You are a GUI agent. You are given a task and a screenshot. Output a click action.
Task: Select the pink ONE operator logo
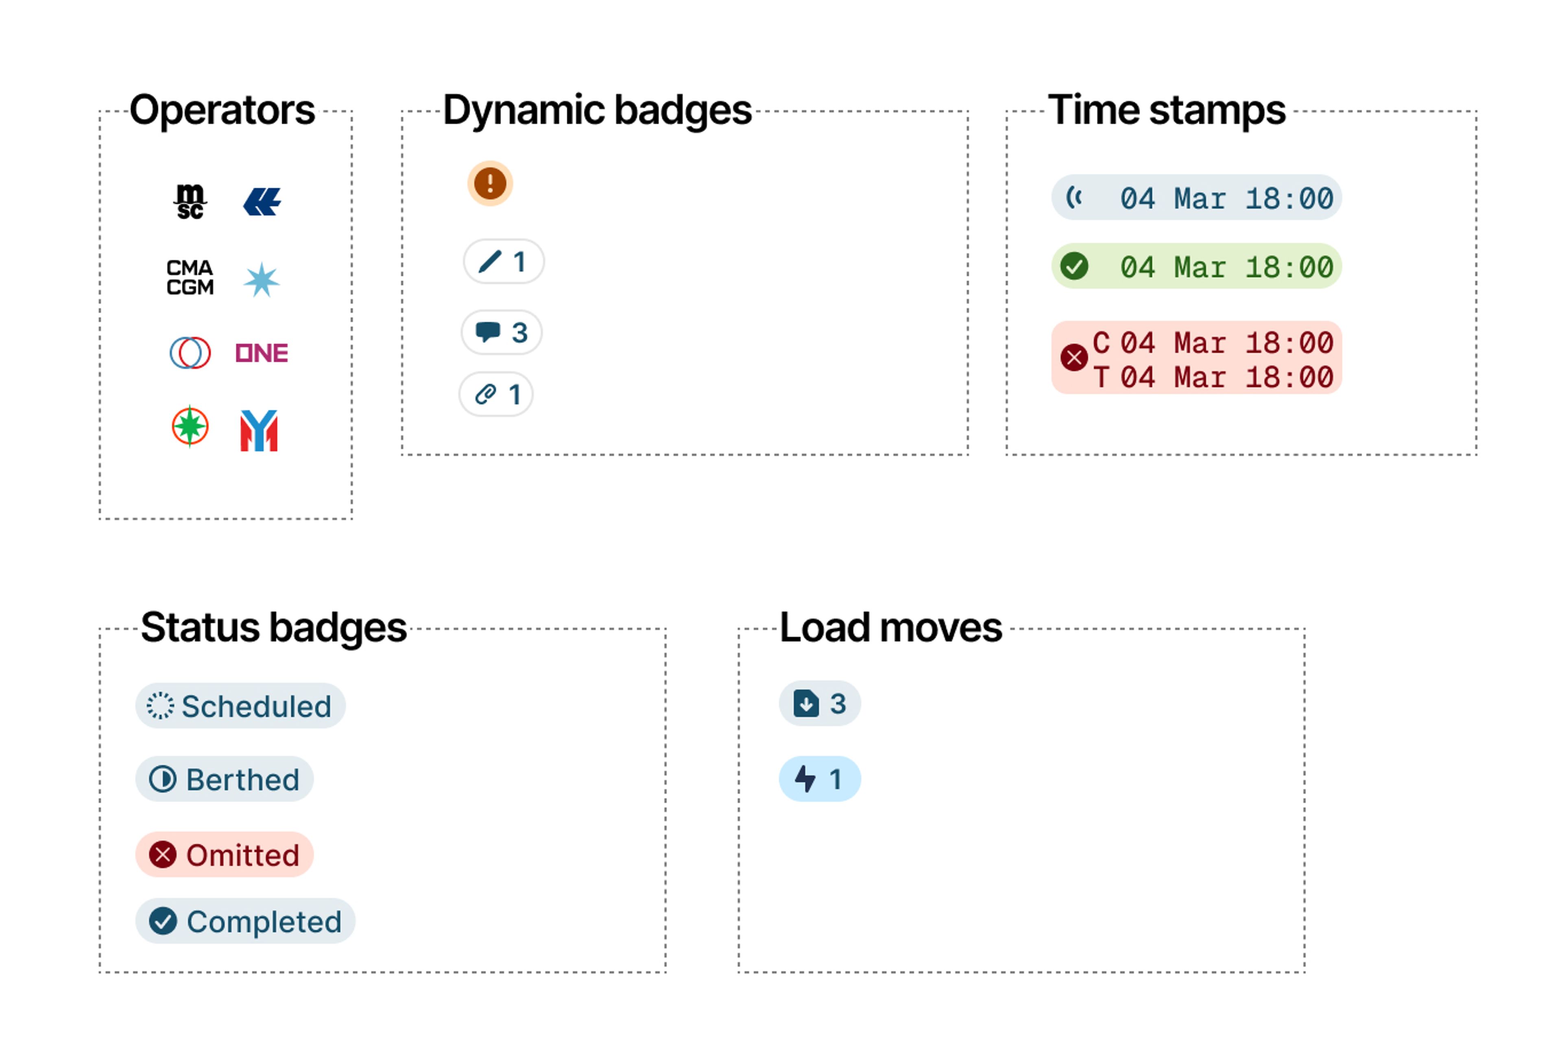tap(262, 353)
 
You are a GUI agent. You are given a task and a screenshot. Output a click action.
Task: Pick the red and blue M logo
tap(259, 430)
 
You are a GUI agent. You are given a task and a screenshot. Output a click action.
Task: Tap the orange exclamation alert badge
tap(490, 183)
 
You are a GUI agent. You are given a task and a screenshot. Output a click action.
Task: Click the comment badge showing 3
tap(502, 332)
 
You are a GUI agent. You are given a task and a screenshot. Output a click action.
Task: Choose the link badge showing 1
tap(496, 394)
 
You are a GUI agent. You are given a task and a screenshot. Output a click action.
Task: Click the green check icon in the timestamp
tap(1074, 266)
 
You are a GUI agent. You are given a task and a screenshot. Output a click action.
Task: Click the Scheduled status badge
tap(240, 706)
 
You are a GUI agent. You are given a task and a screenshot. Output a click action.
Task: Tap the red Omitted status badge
tap(225, 855)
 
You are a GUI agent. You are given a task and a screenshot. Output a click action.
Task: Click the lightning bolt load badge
tap(819, 779)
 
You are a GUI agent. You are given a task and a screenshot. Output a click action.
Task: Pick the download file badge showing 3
tap(819, 704)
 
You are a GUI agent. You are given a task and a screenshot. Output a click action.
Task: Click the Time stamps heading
tap(1167, 110)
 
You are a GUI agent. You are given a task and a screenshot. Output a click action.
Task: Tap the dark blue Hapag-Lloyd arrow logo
tap(262, 202)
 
